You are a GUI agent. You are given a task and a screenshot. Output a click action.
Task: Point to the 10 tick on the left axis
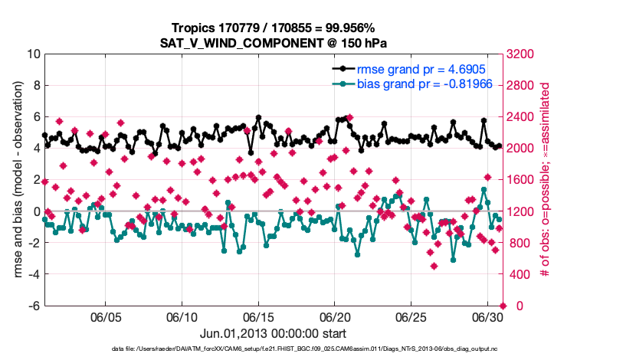[x=33, y=54]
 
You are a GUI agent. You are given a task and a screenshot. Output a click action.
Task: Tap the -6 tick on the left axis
[x=34, y=306]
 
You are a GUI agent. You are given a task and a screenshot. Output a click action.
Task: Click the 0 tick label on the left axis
[x=36, y=211]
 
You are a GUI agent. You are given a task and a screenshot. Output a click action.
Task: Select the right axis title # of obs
[x=546, y=180]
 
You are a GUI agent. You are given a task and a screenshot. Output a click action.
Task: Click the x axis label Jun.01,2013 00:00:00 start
[x=274, y=333]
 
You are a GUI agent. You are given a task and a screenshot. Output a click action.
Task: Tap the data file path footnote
[x=274, y=349]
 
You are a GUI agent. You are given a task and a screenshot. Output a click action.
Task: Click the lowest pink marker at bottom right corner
[x=503, y=306]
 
